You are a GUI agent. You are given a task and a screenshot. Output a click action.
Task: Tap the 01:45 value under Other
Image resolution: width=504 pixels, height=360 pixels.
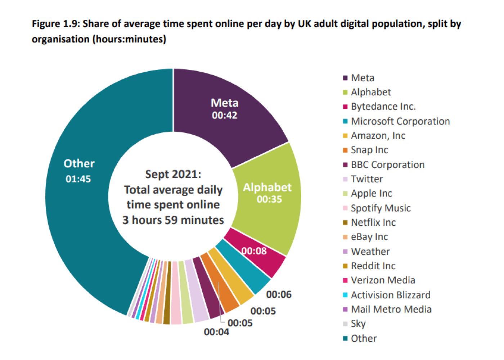tap(78, 179)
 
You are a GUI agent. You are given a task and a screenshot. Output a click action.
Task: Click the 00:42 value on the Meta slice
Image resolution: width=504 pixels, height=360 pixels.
tap(224, 115)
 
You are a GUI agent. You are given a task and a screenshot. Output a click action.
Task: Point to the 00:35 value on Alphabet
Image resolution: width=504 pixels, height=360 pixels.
tap(269, 199)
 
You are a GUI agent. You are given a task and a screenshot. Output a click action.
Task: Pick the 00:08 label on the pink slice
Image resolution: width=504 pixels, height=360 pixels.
tap(254, 251)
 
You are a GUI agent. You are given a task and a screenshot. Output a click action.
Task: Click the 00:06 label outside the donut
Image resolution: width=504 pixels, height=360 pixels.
tap(279, 294)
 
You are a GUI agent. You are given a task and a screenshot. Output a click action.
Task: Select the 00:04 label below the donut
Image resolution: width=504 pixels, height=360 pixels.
tap(216, 332)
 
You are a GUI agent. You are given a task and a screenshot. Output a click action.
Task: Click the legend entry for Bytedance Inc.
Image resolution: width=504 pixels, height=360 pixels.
tap(383, 107)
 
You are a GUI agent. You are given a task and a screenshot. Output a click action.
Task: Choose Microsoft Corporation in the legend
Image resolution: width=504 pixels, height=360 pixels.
tap(400, 121)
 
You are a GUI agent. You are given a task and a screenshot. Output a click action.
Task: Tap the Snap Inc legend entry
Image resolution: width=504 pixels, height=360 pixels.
tap(369, 150)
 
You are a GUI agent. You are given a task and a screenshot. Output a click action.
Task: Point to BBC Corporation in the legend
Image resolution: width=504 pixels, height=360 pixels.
tap(387, 165)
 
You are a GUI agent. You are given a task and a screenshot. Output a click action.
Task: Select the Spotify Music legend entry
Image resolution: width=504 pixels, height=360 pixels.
tap(381, 208)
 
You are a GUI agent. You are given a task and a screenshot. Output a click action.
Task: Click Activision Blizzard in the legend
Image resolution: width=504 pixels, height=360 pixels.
tap(390, 295)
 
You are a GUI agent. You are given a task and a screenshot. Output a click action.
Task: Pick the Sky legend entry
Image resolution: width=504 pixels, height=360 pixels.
tap(358, 324)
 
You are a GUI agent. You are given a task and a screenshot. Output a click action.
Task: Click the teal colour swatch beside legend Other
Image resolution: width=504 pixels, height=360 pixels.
tap(345, 338)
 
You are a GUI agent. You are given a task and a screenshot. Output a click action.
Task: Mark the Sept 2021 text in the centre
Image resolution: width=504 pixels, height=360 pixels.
tap(173, 174)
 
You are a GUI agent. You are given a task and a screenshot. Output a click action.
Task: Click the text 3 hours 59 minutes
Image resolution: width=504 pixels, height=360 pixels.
tap(173, 220)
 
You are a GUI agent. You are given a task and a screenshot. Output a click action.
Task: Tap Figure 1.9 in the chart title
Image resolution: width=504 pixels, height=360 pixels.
tap(56, 24)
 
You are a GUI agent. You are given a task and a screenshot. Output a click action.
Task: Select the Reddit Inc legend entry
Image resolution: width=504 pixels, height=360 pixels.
tap(373, 266)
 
